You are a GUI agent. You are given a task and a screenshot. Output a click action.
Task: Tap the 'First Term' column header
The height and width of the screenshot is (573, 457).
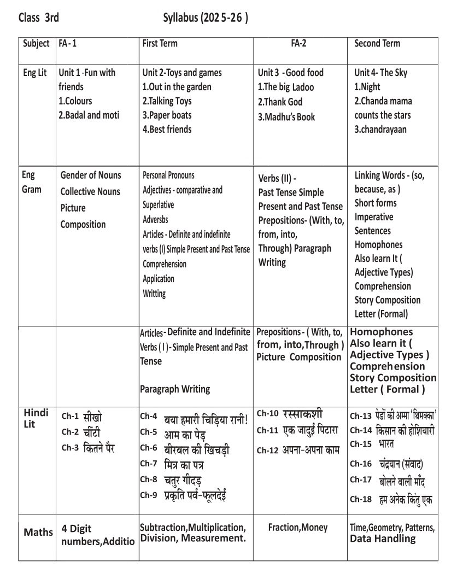tap(160, 44)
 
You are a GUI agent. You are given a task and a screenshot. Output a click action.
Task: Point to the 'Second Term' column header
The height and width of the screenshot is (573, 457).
tap(377, 44)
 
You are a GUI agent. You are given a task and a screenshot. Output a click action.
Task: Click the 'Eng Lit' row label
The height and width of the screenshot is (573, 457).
tap(35, 73)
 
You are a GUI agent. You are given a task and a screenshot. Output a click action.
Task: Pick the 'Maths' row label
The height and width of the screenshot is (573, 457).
tap(38, 532)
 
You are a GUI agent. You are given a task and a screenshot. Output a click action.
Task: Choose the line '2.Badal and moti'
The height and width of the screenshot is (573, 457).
tap(89, 115)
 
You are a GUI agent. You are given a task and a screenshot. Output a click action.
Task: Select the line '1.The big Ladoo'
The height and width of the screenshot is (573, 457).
tap(286, 87)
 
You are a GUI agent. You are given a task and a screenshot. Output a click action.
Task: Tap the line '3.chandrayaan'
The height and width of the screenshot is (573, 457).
tap(380, 130)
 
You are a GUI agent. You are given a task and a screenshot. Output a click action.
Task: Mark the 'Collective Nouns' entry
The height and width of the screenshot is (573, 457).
tap(91, 192)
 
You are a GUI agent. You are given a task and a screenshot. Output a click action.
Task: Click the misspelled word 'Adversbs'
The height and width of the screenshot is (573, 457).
tap(155, 219)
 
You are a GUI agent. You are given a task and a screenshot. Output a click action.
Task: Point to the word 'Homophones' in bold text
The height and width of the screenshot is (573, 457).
tap(382, 332)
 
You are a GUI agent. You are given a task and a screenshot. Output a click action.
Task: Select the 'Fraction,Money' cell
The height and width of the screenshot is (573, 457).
tap(298, 528)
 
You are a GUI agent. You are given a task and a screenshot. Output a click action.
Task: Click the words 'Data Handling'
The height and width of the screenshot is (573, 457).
tap(383, 539)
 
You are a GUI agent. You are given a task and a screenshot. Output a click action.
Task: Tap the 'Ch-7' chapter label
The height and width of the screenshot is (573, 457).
tap(149, 464)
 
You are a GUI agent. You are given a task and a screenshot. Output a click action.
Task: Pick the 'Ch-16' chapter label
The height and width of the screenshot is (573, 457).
tap(361, 464)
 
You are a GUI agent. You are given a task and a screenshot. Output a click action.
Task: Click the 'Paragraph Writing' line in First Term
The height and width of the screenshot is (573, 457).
tap(175, 389)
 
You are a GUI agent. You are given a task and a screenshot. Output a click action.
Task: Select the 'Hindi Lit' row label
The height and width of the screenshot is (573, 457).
tap(34, 418)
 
